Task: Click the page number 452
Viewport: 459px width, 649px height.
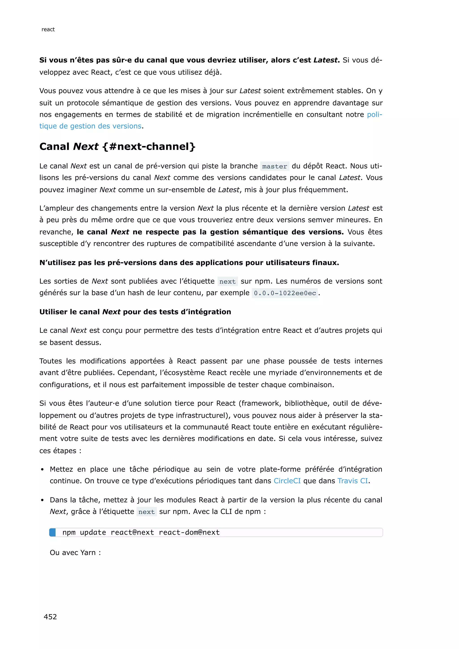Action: click(50, 617)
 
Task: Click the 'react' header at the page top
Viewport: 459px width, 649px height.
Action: click(48, 29)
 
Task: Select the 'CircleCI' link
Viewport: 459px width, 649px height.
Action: click(287, 481)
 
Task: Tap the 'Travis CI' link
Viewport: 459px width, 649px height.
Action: click(353, 481)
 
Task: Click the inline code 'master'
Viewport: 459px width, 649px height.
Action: click(275, 166)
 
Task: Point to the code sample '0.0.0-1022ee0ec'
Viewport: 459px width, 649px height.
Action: click(285, 293)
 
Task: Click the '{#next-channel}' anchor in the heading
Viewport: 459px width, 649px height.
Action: click(149, 146)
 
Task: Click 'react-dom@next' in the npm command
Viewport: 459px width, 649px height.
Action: click(189, 532)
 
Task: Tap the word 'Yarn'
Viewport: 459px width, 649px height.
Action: click(88, 553)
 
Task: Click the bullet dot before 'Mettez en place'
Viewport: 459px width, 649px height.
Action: click(42, 469)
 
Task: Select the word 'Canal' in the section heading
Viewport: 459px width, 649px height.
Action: click(54, 146)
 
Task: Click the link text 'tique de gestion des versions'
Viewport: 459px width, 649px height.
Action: click(90, 126)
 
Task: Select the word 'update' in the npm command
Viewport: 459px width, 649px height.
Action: click(93, 532)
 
